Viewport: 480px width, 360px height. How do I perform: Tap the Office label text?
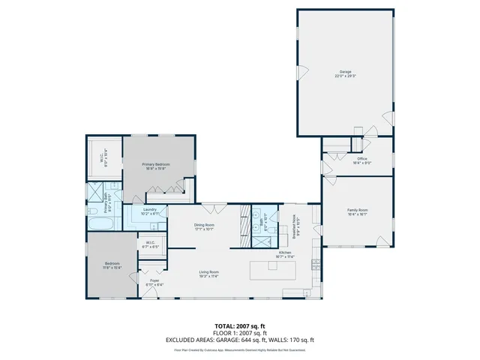[x=361, y=160]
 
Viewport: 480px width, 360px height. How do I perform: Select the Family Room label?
[x=357, y=211]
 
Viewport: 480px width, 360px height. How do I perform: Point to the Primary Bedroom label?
[x=157, y=166]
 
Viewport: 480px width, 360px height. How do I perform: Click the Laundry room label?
[x=150, y=211]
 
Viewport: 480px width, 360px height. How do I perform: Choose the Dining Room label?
[x=205, y=226]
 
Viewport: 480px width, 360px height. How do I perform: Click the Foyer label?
[x=154, y=283]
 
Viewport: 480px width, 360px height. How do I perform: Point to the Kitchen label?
[x=286, y=255]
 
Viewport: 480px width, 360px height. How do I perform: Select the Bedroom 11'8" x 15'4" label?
[x=111, y=265]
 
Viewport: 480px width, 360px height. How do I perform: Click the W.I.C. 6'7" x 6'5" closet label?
[x=150, y=244]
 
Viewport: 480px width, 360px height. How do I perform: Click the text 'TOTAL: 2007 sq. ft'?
[x=240, y=327]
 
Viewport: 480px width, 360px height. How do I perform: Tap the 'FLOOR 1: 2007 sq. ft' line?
[x=240, y=334]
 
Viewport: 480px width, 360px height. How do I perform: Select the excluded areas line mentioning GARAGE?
[x=240, y=340]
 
